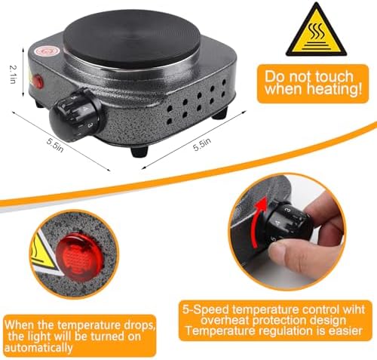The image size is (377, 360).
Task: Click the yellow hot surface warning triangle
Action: click(x=316, y=32)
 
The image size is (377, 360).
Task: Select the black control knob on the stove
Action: click(x=76, y=115)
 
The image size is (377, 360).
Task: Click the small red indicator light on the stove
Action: click(x=38, y=80)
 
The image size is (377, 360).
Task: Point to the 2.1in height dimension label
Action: click(x=13, y=75)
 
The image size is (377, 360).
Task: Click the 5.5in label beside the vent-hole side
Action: click(x=202, y=144)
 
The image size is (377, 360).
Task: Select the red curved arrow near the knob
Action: click(x=259, y=221)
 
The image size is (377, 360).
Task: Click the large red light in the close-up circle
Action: click(x=79, y=257)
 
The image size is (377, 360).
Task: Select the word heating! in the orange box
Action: click(x=336, y=89)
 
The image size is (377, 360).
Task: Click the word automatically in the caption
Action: click(x=38, y=348)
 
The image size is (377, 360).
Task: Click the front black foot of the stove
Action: click(x=139, y=152)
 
